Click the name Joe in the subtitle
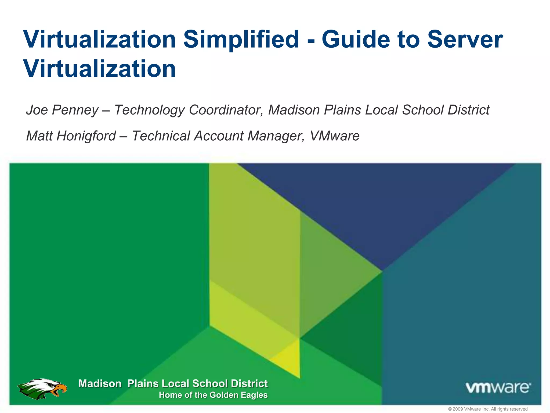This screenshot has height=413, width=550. pyautogui.click(x=37, y=110)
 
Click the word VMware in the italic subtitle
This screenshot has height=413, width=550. pyautogui.click(x=335, y=136)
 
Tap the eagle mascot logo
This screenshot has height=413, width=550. pyautogui.click(x=42, y=389)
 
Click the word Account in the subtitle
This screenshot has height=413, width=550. pyautogui.click(x=219, y=136)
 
